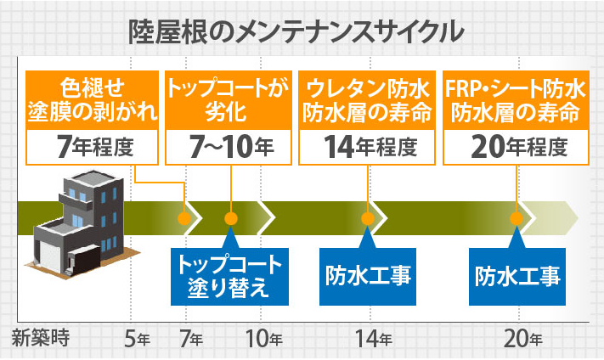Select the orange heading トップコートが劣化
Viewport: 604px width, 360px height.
[x=229, y=100]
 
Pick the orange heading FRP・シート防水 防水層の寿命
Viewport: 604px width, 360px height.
[x=516, y=100]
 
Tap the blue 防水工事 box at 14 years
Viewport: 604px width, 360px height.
[x=368, y=275]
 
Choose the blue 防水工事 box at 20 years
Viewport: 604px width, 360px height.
[x=516, y=275]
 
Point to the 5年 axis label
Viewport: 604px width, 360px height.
[x=136, y=340]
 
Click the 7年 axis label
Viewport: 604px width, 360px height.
[x=191, y=340]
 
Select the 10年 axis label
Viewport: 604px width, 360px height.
[x=263, y=340]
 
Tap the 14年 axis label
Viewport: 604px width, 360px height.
[x=373, y=340]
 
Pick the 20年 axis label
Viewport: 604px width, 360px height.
[x=523, y=340]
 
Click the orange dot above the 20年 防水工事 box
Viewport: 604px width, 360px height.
[x=516, y=218]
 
